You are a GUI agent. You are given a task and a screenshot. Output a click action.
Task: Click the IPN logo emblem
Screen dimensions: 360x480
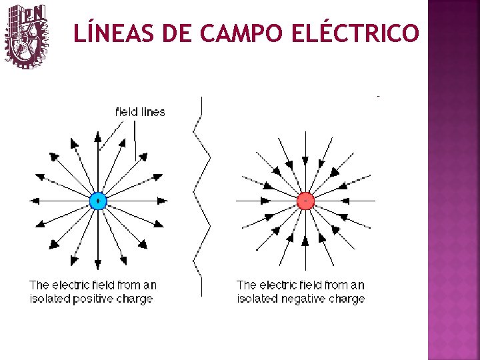coord(27,36)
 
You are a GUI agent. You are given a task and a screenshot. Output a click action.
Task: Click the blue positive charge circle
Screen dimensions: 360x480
coord(97,200)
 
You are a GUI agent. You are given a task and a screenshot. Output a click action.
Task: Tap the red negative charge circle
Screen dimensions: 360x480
coord(305,200)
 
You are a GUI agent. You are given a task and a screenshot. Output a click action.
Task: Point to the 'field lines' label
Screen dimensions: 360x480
coord(140,112)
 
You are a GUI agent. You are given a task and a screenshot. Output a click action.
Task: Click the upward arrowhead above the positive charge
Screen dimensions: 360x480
coord(97,137)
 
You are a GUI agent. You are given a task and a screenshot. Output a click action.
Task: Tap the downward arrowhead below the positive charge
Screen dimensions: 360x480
coord(97,263)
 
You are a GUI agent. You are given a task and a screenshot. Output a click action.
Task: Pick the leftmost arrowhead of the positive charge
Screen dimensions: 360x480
coord(35,200)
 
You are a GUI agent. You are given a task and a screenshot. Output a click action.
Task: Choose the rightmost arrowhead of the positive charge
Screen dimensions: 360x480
coord(161,200)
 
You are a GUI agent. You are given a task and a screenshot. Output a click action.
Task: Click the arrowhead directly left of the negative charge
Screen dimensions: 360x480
coord(265,200)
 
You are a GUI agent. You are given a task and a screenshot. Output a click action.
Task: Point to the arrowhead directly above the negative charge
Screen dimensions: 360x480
coord(305,161)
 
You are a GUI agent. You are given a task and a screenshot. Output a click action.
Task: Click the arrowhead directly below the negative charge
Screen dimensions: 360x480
coord(305,239)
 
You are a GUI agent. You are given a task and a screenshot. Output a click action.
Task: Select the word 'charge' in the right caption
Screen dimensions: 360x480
coord(347,299)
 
